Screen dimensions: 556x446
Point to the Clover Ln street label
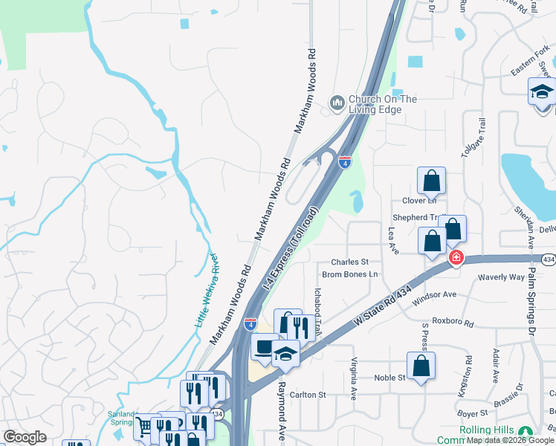pos(419,201)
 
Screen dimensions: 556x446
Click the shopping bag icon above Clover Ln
pos(431,181)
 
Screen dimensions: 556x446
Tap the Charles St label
pos(349,262)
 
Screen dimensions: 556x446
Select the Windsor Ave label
pos(433,294)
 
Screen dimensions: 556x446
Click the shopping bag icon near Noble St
pos(421,366)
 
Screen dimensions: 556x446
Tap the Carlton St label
pos(308,395)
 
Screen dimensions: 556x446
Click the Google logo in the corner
pos(25,437)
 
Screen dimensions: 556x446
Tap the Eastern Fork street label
pos(528,68)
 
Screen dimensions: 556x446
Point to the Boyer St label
pos(472,412)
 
